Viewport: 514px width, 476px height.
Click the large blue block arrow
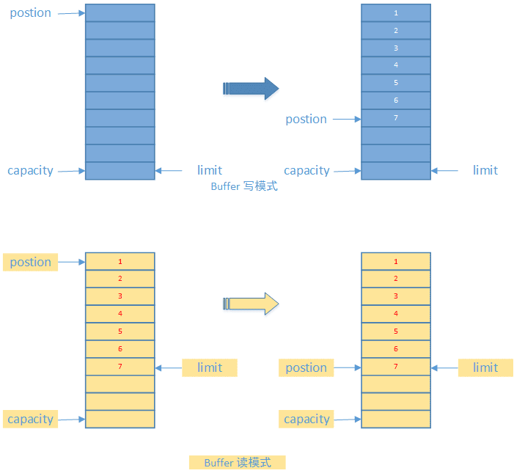(250, 89)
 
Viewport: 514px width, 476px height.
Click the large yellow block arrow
(250, 303)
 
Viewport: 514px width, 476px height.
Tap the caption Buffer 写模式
(244, 186)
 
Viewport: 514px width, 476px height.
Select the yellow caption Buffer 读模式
(237, 463)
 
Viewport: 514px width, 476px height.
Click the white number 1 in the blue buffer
(396, 13)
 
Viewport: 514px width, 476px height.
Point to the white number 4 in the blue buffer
(396, 65)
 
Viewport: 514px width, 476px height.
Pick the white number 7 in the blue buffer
(396, 118)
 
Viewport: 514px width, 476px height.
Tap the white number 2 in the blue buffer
(396, 31)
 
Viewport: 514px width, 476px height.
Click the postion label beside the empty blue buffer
(31, 13)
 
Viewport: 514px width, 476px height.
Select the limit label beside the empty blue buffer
(210, 170)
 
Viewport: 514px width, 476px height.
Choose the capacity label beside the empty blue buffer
(30, 170)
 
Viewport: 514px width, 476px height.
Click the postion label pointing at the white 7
(306, 119)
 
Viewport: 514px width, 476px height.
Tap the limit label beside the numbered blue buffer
(485, 170)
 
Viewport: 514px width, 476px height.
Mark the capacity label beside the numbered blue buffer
(306, 170)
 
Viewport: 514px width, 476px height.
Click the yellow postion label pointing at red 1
(31, 262)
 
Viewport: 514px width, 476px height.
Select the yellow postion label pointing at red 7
(306, 367)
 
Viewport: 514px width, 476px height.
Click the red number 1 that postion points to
(120, 262)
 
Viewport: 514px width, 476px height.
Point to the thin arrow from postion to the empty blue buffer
(71, 13)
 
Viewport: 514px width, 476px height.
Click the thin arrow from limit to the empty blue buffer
(169, 171)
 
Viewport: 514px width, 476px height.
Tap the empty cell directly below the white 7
(396, 136)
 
